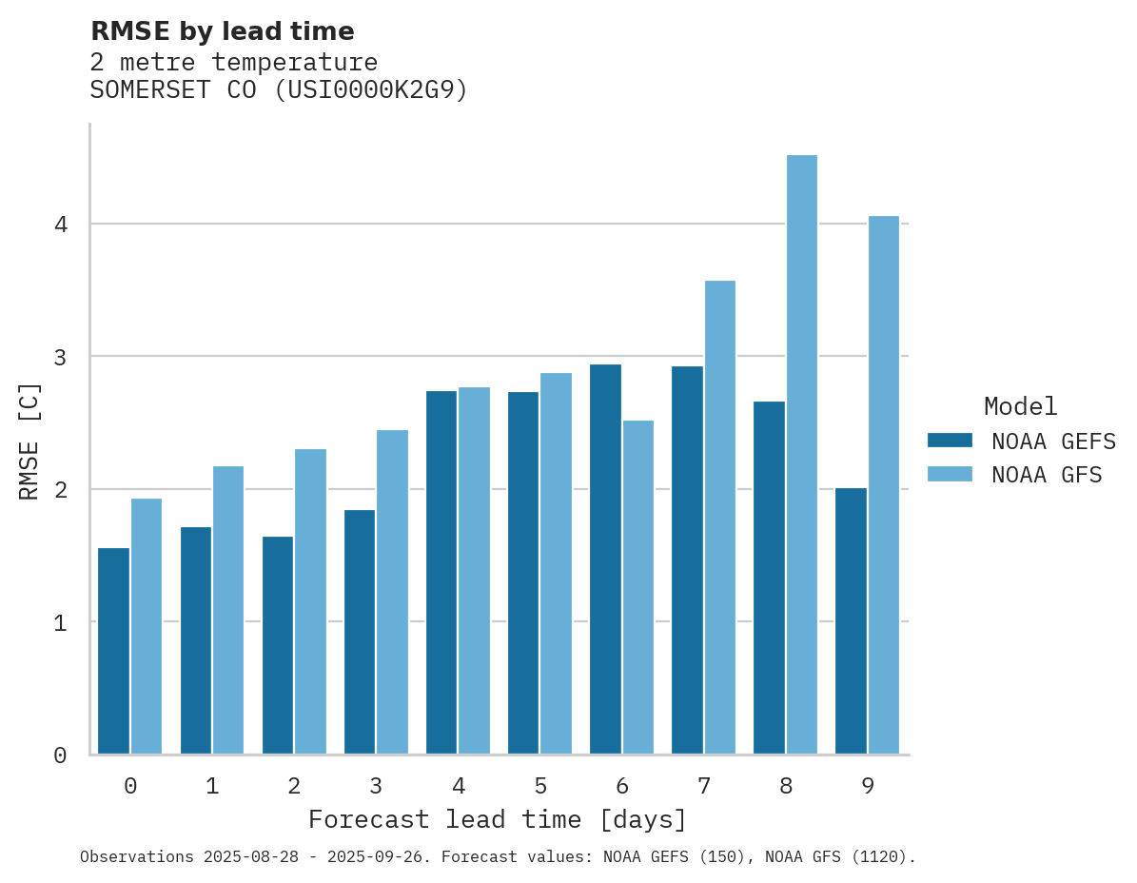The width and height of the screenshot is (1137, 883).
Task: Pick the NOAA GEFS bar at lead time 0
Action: tap(114, 651)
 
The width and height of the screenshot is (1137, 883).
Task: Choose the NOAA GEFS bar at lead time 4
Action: tap(441, 572)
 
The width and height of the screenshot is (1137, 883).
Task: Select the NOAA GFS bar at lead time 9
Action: tap(884, 485)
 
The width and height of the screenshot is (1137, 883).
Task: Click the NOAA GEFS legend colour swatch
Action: tap(950, 441)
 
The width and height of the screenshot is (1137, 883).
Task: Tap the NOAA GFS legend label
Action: tap(1047, 475)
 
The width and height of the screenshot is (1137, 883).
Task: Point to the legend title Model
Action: tap(1020, 407)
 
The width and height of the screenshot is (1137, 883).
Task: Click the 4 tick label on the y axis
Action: tap(60, 226)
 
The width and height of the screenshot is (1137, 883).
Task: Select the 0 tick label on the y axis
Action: tap(60, 755)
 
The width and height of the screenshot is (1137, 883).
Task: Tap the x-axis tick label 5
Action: tap(540, 787)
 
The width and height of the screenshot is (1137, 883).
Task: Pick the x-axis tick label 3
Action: tap(376, 787)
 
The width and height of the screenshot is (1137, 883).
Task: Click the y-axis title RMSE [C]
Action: tap(29, 441)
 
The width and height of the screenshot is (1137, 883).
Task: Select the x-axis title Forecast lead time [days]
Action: tap(497, 820)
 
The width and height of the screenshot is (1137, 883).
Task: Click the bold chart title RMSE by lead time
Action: tap(222, 31)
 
